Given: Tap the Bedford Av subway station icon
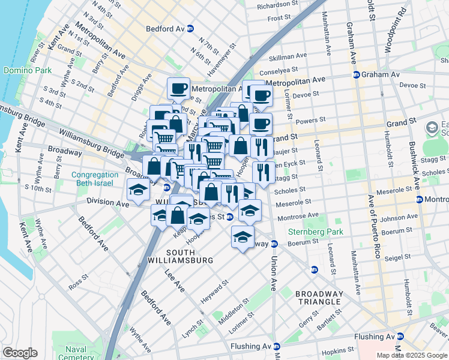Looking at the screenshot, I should (x=190, y=28).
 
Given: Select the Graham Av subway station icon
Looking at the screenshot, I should (x=356, y=75).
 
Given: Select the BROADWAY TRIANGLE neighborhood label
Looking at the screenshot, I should (x=319, y=298).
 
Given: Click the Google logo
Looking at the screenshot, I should (x=20, y=353).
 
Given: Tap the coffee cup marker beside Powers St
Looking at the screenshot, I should (x=261, y=124).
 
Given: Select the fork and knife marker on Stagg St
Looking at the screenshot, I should (x=264, y=172).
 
